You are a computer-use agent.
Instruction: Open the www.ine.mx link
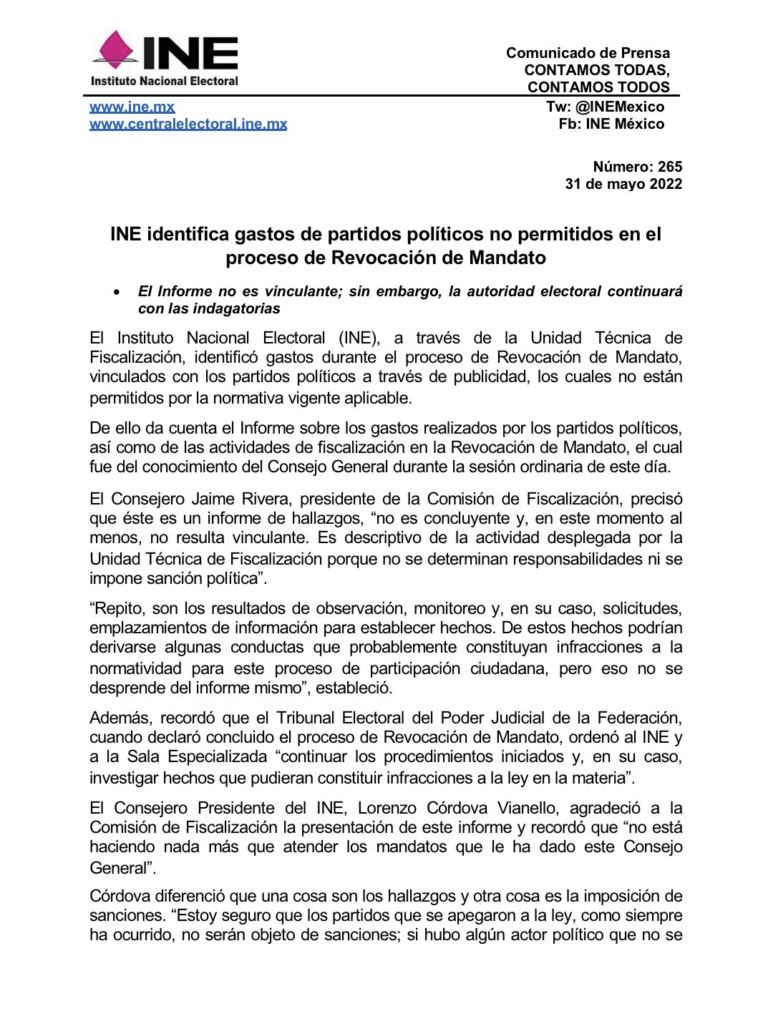[132, 107]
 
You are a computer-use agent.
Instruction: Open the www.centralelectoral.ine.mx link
[188, 124]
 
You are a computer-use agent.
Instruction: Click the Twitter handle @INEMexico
[620, 107]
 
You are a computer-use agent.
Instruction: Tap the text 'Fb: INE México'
[611, 124]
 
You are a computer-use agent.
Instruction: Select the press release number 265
[670, 167]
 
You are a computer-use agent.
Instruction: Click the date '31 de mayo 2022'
[623, 184]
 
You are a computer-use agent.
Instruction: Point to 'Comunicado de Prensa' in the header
[588, 53]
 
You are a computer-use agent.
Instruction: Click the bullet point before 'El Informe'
[115, 292]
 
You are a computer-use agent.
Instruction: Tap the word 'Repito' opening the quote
[118, 608]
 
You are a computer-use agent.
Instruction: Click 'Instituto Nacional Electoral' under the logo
[165, 81]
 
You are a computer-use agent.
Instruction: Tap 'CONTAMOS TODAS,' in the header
[597, 70]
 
